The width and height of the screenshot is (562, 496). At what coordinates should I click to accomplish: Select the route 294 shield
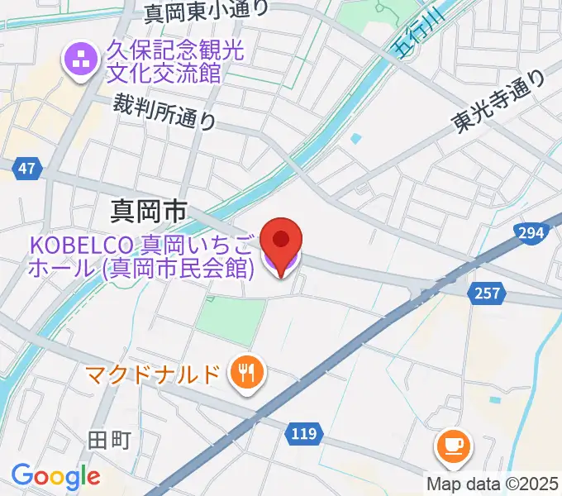(531, 234)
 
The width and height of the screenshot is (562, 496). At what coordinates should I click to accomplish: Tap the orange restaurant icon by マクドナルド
(246, 374)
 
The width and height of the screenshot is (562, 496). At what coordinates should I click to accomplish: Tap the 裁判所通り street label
(164, 112)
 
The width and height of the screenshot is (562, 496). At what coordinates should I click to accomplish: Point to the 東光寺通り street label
(498, 101)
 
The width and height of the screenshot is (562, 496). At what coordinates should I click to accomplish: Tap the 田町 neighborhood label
(109, 439)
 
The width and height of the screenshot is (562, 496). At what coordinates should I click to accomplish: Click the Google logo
(55, 476)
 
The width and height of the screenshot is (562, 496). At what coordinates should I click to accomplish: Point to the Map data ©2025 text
(493, 484)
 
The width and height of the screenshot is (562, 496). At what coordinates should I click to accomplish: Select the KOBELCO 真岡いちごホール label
(141, 256)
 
